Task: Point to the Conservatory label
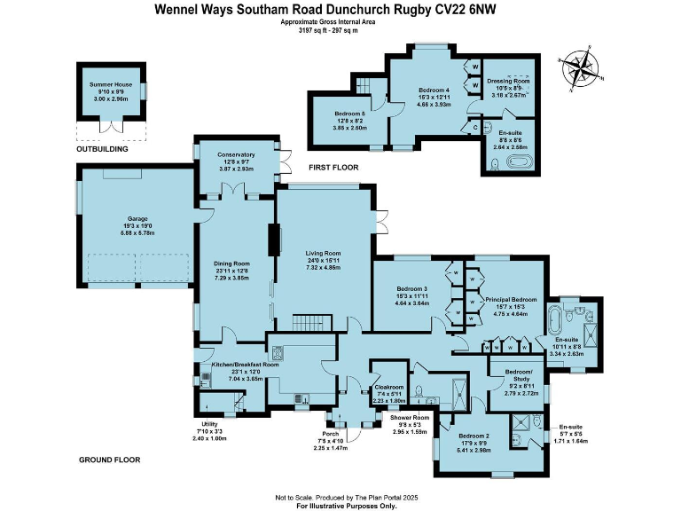(236, 156)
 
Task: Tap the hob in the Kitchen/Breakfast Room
(276, 350)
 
